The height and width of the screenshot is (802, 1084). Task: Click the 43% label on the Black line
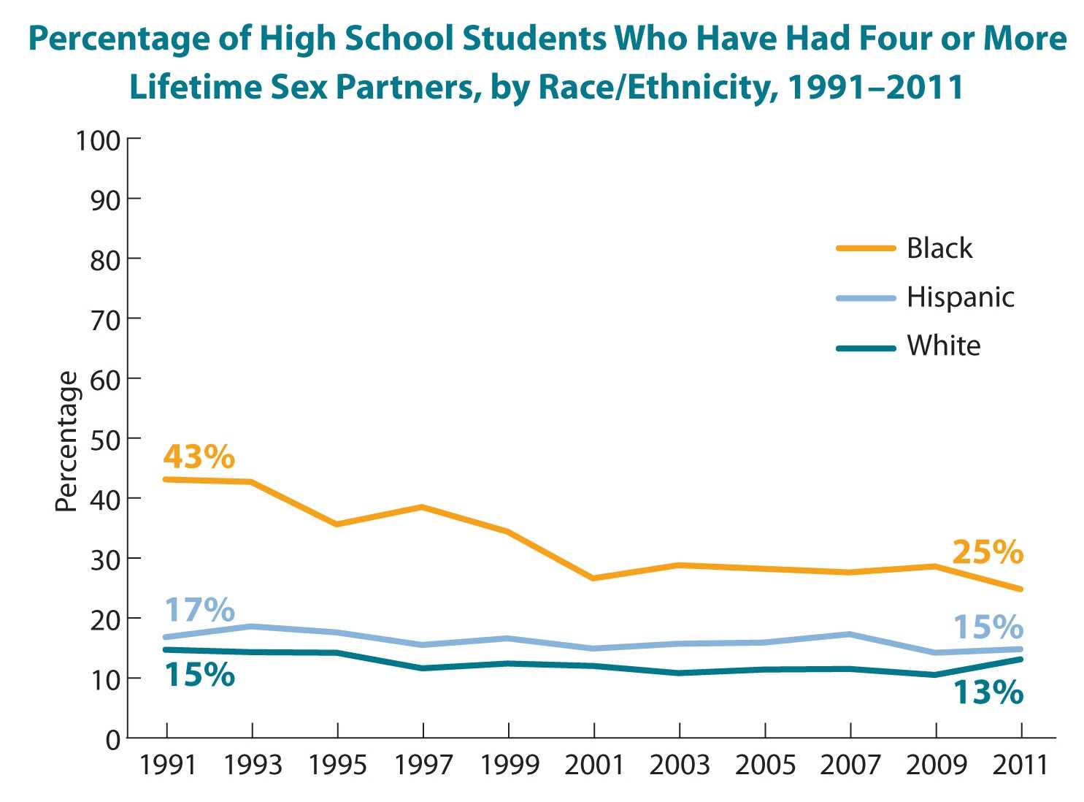(x=199, y=457)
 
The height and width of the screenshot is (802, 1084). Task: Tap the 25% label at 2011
(x=988, y=552)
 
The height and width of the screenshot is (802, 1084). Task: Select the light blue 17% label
(x=199, y=610)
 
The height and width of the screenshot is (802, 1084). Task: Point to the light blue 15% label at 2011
(x=988, y=627)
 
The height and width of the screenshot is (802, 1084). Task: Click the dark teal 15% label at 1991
(x=199, y=675)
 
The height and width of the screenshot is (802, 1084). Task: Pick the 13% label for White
(x=988, y=692)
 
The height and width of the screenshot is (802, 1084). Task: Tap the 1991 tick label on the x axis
(x=167, y=765)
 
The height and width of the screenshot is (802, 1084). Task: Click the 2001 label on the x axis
(x=594, y=765)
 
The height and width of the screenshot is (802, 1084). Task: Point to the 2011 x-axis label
(x=1020, y=765)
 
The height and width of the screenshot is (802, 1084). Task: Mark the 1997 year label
(x=423, y=765)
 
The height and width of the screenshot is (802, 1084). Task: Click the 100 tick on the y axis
(x=98, y=140)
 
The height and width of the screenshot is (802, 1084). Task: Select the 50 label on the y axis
(x=105, y=439)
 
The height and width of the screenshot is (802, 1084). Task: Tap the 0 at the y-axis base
(x=112, y=739)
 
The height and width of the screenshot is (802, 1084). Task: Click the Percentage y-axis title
(x=67, y=442)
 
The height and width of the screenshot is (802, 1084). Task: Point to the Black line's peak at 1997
(x=423, y=507)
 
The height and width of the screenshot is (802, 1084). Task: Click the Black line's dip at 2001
(x=594, y=578)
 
